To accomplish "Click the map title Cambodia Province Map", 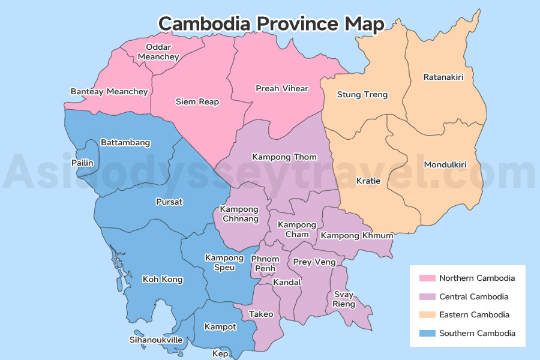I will click(x=271, y=24).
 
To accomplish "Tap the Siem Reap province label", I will click(x=197, y=102).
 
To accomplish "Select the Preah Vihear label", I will click(x=281, y=89).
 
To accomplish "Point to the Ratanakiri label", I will click(x=443, y=77).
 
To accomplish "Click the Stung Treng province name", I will click(x=362, y=95).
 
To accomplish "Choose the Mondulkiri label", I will click(x=445, y=165).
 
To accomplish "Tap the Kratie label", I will click(x=368, y=181).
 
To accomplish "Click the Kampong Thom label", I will click(x=284, y=157).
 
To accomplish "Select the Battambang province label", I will click(x=125, y=143).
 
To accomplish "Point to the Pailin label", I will click(x=82, y=163).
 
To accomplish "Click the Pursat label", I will click(x=169, y=202).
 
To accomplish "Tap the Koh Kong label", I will click(x=162, y=280).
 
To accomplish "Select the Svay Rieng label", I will click(x=344, y=299).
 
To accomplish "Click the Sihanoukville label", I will click(x=156, y=340).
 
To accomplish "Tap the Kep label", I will click(x=220, y=354).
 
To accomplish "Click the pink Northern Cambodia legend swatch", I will click(x=427, y=278).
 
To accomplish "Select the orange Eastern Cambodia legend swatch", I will click(x=427, y=315).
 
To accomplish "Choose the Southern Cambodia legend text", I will click(x=477, y=334).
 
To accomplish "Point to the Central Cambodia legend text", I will click(x=473, y=297).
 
